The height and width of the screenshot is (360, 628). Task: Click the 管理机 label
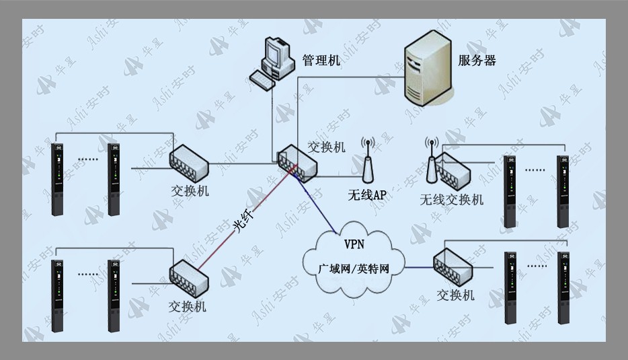[x=321, y=61]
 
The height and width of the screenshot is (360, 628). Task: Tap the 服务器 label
[x=477, y=61]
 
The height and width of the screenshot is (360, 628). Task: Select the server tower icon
[x=428, y=67]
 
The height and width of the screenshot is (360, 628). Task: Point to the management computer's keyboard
[x=262, y=80]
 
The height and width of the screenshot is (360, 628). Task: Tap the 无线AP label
[x=367, y=195]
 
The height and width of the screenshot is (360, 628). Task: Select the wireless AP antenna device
[x=368, y=160]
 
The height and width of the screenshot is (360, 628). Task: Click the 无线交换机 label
[x=451, y=199]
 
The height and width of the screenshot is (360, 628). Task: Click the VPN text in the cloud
[x=354, y=244]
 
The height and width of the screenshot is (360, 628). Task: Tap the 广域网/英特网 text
[x=354, y=268]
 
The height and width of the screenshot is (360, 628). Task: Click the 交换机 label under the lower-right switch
[x=455, y=295]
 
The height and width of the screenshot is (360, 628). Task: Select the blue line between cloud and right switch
[x=420, y=267]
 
